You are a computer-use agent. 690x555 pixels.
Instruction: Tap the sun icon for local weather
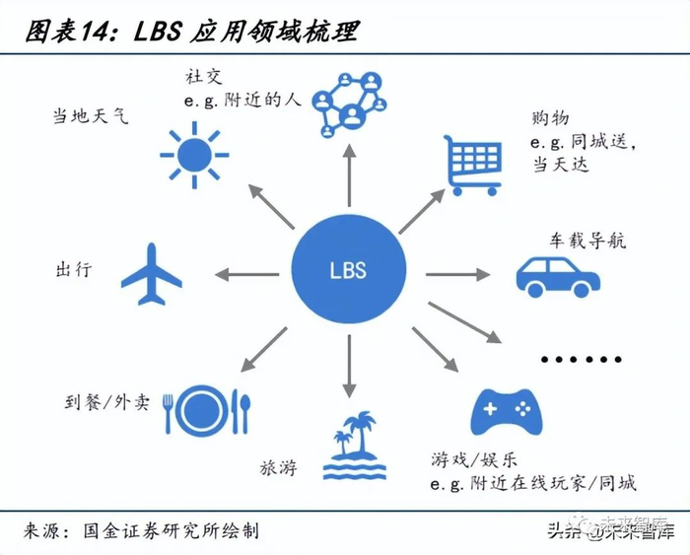[194, 154]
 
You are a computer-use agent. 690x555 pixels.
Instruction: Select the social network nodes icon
[350, 102]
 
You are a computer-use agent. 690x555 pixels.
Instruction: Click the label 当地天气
[91, 116]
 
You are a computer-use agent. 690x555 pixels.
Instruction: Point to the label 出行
[74, 268]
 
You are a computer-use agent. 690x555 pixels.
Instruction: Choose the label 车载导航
[587, 241]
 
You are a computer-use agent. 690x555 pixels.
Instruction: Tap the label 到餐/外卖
[103, 403]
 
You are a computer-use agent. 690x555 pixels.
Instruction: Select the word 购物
[552, 118]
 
